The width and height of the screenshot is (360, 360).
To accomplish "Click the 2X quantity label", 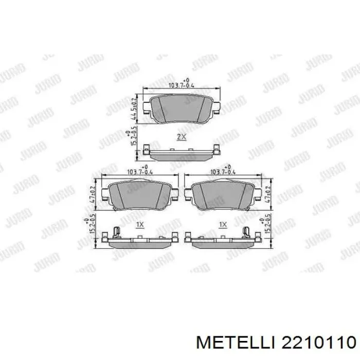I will click(181, 137).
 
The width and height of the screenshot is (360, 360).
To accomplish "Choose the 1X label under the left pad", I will click(139, 225).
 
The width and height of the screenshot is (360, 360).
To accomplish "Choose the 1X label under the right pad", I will click(223, 225).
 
